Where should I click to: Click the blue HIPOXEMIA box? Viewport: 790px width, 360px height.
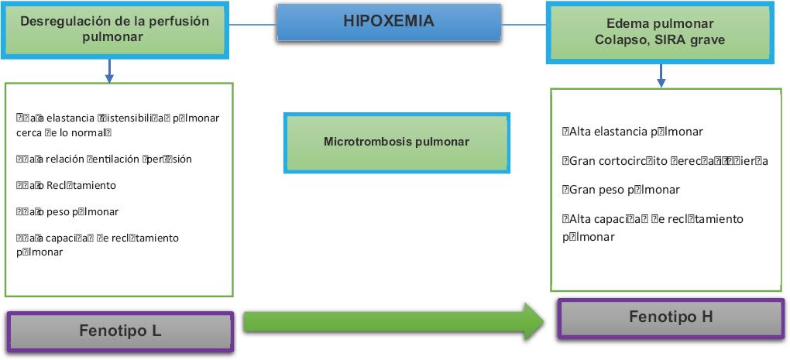(388, 22)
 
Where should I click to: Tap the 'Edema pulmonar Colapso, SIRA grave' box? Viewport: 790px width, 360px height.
(660, 31)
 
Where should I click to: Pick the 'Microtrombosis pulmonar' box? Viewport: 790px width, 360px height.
(397, 142)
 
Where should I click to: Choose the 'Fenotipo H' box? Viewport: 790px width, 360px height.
(671, 317)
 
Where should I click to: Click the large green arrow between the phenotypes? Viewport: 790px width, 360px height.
(395, 321)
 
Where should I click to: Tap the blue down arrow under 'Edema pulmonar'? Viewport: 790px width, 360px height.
(660, 75)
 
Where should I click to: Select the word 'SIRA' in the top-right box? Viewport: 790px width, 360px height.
(676, 39)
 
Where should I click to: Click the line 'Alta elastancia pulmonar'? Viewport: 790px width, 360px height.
(632, 132)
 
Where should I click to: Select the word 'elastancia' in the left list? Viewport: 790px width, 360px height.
(70, 118)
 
